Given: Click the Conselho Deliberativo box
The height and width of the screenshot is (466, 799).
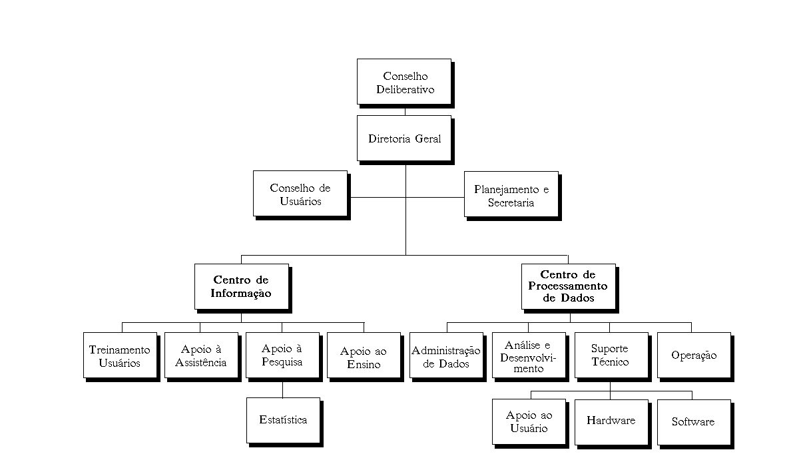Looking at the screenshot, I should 404,82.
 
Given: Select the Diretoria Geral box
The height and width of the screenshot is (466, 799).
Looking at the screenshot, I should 404,138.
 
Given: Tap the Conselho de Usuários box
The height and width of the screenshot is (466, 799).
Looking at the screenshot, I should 300,194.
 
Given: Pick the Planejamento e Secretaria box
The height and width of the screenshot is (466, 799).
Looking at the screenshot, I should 511,195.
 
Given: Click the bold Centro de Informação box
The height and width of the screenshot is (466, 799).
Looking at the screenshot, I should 241,286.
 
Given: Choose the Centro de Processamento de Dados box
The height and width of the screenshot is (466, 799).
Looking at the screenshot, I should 568,286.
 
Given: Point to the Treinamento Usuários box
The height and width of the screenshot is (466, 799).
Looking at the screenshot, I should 120,355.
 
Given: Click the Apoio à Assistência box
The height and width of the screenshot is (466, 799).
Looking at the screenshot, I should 201,355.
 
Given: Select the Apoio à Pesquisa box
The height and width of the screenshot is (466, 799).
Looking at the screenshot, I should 282,355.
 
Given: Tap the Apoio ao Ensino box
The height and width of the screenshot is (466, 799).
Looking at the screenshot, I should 364,356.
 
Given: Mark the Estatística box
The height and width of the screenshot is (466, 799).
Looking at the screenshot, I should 283,420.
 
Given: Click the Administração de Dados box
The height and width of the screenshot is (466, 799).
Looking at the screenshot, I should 446,356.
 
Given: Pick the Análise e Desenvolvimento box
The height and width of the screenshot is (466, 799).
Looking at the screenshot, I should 528,356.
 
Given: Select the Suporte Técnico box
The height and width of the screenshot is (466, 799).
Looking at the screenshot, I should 610,355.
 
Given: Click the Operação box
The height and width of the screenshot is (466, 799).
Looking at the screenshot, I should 694,355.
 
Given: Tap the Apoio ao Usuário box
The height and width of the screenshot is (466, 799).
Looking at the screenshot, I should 529,421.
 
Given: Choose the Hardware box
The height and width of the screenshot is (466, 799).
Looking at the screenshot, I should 611,421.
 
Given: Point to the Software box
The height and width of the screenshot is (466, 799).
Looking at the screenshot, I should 693,421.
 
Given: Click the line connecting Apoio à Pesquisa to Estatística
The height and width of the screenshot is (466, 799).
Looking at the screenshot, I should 282,388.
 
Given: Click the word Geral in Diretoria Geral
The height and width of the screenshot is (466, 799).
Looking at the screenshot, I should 428,138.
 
